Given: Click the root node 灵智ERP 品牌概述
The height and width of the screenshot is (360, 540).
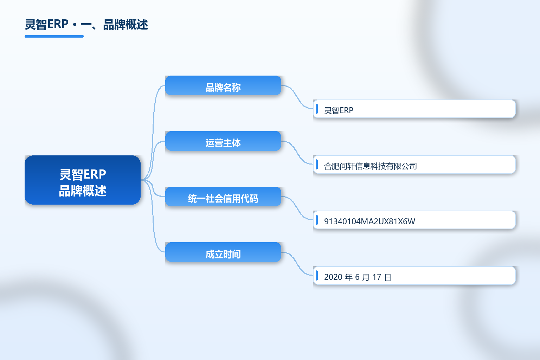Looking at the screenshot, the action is (83, 180).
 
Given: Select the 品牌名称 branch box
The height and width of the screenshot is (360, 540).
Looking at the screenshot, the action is (223, 85).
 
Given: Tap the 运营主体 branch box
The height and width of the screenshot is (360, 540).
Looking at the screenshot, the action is (223, 141).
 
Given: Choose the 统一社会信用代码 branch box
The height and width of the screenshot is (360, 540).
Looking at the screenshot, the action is (223, 197).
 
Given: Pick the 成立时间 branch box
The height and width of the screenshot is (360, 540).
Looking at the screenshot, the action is (223, 252).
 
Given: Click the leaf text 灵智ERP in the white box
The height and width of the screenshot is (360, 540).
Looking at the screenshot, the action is (339, 110).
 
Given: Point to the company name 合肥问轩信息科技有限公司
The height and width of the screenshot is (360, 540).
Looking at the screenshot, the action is (371, 166).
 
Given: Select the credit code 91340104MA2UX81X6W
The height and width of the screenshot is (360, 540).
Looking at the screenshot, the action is (369, 221).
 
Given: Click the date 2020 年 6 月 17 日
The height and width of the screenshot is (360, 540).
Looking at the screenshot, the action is (358, 277).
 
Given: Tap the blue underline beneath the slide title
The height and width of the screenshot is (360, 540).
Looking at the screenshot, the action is (54, 37).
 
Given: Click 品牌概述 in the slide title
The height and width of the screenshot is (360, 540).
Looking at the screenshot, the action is (126, 25).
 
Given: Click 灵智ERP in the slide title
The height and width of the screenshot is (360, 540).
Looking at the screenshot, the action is (46, 24).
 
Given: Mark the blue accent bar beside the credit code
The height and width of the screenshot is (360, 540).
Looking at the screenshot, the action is (317, 220).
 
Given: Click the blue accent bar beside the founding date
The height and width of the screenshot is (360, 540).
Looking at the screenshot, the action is (317, 275).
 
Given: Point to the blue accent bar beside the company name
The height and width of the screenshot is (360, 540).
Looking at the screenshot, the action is (317, 165).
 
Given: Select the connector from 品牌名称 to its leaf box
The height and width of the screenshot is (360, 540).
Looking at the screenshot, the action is (297, 97).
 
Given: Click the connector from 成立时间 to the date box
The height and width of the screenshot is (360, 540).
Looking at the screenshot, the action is (297, 264).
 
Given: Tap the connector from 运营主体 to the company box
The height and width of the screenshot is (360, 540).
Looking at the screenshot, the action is (297, 153).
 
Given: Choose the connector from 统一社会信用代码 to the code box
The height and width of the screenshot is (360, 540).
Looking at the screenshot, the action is (297, 208).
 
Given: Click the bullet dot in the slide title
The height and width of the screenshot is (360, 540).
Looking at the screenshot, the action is (75, 25).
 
